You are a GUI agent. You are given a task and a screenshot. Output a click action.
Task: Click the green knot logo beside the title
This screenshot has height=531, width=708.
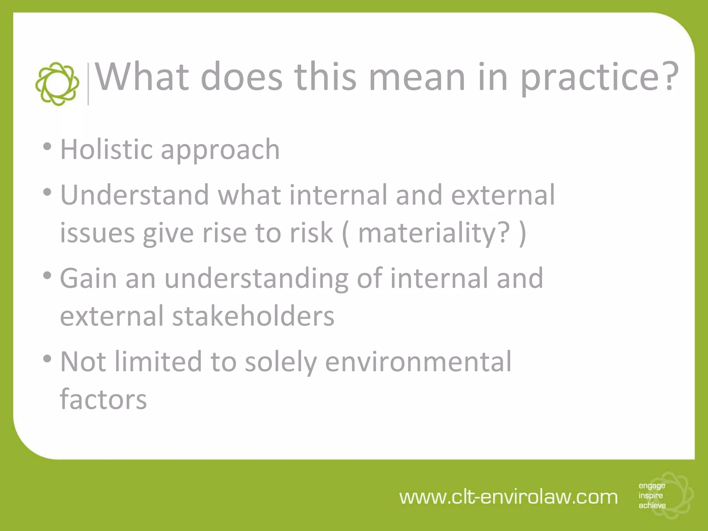coord(57,84)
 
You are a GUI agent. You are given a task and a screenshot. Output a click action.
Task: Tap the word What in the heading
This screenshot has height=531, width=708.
coord(142,77)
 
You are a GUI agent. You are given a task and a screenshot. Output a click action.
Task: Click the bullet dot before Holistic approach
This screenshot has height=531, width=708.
coord(47,147)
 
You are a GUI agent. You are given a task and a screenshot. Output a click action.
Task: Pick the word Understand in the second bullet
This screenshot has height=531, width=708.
coord(135,195)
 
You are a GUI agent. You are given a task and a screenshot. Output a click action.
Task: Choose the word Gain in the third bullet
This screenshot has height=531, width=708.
coord(88,278)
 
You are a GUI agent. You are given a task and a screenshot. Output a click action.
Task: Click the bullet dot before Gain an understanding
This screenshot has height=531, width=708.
coord(47,276)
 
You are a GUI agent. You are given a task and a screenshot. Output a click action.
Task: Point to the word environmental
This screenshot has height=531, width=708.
coord(418,362)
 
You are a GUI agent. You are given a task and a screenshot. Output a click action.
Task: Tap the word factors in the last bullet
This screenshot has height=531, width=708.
coord(103,399)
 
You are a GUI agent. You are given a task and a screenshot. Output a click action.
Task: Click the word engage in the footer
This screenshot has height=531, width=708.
coord(652,486)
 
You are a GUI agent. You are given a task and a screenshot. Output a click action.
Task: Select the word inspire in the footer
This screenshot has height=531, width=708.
coord(651,496)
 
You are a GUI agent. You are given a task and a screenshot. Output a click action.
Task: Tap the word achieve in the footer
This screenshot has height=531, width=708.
coord(652,505)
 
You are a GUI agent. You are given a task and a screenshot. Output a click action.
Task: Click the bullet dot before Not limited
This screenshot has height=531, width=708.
coord(47,359)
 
